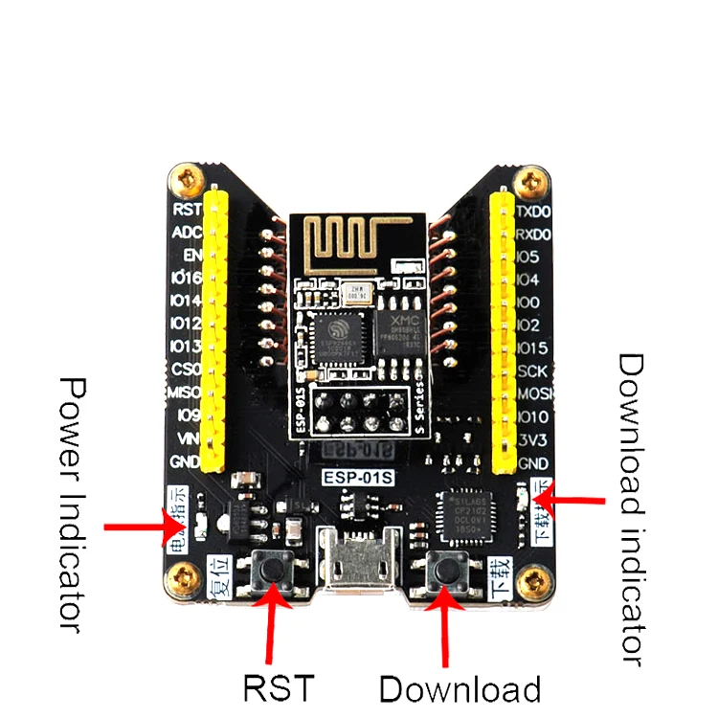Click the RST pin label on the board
click(186, 208)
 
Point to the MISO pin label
click(184, 393)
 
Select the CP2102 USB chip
click(457, 516)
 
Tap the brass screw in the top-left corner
click(185, 177)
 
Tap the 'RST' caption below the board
click(278, 687)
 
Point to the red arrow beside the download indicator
click(573, 501)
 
